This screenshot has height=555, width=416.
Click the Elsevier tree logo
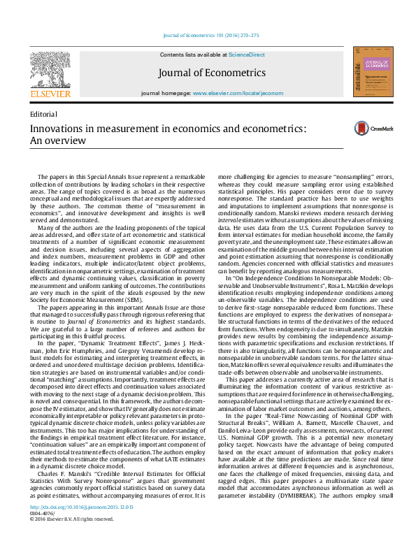(x=50, y=68)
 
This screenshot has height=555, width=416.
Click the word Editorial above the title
(x=43, y=114)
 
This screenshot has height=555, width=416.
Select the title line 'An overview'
(x=56, y=140)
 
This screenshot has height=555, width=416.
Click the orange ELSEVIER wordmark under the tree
(x=50, y=93)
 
